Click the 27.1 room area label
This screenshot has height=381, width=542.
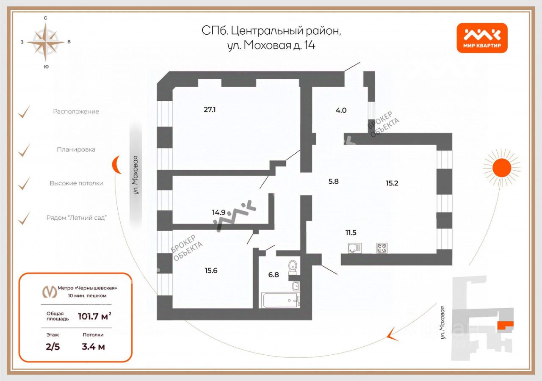click(x=210, y=110)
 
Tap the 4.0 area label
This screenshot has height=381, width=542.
click(x=341, y=110)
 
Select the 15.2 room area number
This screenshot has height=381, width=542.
click(x=392, y=183)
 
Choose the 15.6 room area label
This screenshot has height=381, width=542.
click(x=210, y=271)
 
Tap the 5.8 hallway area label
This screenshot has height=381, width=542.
click(x=334, y=181)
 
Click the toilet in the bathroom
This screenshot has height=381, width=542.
click(x=293, y=268)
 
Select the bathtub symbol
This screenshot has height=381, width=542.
click(x=281, y=300)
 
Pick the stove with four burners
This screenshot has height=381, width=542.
click(x=382, y=248)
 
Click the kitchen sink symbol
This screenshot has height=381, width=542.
click(x=354, y=248)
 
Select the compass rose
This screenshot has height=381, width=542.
click(x=45, y=41)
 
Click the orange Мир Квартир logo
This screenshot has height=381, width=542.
click(x=482, y=38)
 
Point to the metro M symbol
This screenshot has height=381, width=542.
click(x=50, y=292)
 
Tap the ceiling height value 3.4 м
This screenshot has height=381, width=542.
click(x=93, y=347)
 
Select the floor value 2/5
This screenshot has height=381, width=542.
click(x=53, y=347)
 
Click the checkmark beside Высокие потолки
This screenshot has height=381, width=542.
click(x=25, y=183)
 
